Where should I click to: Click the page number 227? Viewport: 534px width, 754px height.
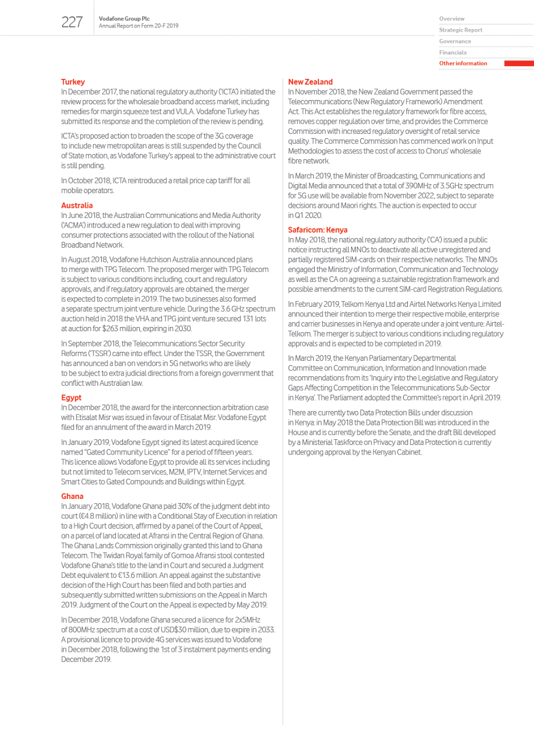coord(72,22)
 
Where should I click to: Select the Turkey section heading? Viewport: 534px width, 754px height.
coord(73,82)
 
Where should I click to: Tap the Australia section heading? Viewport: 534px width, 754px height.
coord(77,205)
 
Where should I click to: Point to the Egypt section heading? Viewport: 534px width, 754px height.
coord(71,397)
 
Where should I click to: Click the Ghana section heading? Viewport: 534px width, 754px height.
coord(72,496)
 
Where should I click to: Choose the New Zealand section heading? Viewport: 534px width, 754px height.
coord(310,82)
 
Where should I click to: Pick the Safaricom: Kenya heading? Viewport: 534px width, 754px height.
coord(318,230)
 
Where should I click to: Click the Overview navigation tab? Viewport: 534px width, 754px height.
coord(452,19)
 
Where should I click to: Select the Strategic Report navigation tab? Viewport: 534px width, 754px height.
coord(461,30)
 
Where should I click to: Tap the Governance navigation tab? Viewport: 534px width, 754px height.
coord(455,41)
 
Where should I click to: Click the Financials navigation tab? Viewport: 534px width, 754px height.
coord(453,52)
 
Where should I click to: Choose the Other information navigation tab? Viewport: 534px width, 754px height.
coord(463,63)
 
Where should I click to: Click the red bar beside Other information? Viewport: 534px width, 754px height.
coord(519,63)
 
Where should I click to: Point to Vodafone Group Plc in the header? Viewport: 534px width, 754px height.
coord(124,19)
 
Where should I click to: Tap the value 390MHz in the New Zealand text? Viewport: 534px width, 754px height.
coord(418,186)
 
